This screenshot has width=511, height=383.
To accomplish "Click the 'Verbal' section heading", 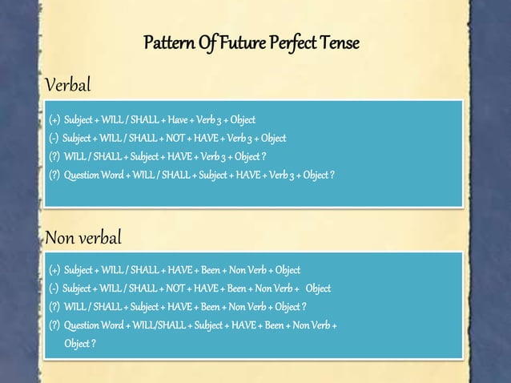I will (x=68, y=85).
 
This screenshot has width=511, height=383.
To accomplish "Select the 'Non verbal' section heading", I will (x=83, y=238).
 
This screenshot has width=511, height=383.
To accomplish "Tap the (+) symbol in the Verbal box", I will (x=54, y=121).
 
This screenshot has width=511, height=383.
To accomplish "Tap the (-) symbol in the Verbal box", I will (x=54, y=139).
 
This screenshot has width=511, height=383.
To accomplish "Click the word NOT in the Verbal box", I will (x=174, y=139).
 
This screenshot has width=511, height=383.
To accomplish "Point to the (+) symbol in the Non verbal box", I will (x=54, y=270).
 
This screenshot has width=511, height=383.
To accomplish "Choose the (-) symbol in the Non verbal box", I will (x=54, y=288).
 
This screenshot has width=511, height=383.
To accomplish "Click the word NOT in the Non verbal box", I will (x=174, y=288).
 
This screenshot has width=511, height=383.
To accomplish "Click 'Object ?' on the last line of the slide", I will (x=80, y=344).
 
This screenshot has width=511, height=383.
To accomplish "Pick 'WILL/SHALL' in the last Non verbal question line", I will (x=155, y=325).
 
